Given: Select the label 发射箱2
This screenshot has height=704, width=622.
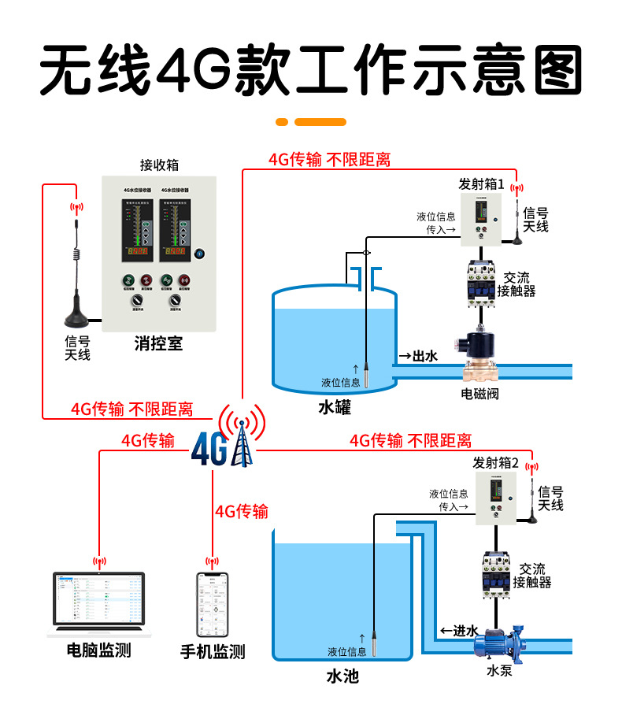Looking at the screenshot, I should [495, 463].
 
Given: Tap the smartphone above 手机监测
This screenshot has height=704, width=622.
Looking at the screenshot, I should [212, 605].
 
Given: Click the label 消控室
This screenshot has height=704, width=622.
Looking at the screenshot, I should [158, 343].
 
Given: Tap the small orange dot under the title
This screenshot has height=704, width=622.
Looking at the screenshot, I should [282, 122].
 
